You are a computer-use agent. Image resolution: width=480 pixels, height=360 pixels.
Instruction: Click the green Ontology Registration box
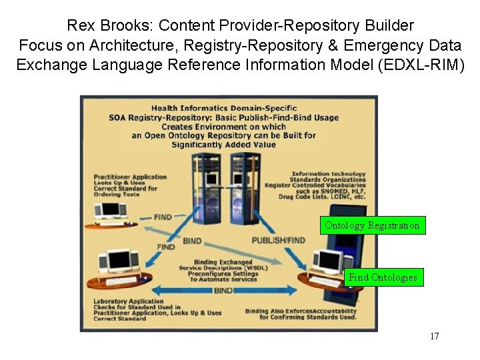point(372,225)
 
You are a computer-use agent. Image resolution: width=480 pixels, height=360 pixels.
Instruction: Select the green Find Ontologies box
point(383,277)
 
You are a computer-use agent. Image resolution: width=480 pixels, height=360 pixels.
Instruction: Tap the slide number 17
point(434,336)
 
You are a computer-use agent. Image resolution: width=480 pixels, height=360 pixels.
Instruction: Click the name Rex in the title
point(80,26)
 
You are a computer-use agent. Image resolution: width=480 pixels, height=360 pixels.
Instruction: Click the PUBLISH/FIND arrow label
point(278,240)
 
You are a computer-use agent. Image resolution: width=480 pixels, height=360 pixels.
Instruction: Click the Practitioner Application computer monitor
point(110,210)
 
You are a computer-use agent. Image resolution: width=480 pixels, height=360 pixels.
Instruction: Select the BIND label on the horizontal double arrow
point(223,291)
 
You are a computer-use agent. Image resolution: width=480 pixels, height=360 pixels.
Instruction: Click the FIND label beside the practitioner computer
point(162,217)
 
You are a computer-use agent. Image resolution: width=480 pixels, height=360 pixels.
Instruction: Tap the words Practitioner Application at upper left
point(122,177)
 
